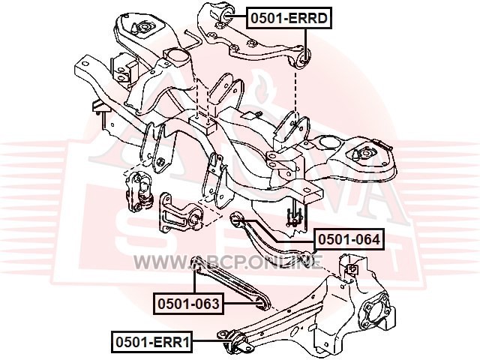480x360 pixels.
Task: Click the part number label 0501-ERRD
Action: click(289, 18)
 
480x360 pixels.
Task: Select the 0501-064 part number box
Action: click(349, 239)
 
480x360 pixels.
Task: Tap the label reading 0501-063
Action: click(188, 304)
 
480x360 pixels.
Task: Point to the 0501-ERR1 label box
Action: click(152, 342)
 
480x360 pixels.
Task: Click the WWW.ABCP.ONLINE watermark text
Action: click(228, 262)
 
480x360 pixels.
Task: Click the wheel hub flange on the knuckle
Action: click(377, 315)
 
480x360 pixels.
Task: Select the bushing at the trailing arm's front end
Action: click(239, 342)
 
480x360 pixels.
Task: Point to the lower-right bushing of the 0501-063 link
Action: click(261, 303)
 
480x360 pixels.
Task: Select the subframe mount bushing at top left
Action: click(144, 28)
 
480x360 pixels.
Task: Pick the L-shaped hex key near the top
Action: click(193, 39)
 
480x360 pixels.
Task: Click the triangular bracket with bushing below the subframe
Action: click(181, 214)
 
